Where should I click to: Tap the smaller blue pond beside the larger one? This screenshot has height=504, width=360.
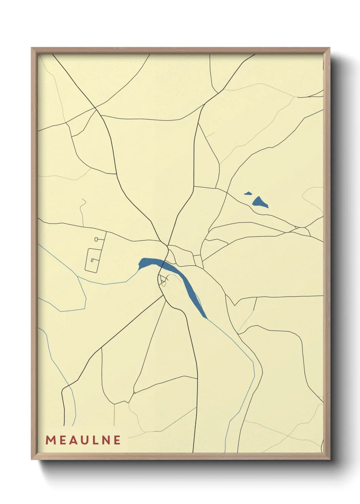(248, 194)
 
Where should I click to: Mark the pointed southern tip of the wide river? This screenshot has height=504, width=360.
(206, 318)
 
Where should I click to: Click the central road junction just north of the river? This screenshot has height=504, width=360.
(167, 245)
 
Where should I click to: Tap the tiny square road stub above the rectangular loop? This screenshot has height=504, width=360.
(97, 239)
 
